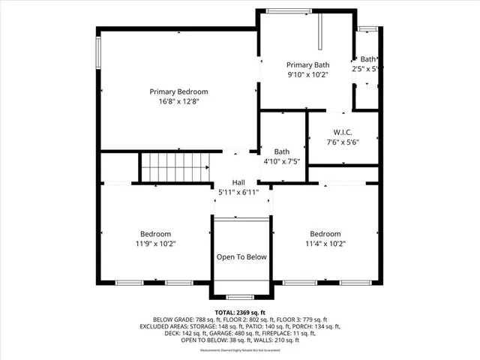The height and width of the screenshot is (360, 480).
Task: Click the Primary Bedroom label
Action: pyautogui.click(x=178, y=91)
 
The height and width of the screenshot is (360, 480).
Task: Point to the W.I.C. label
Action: pyautogui.click(x=343, y=132)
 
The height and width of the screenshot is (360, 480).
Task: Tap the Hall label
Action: pyautogui.click(x=238, y=182)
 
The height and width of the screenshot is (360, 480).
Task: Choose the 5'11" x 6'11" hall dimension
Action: pyautogui.click(x=238, y=192)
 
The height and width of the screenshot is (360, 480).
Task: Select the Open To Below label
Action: pyautogui.click(x=241, y=257)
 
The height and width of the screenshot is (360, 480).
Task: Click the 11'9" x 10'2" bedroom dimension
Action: pyautogui.click(x=156, y=243)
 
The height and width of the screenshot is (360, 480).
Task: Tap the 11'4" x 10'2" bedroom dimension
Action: pyautogui.click(x=325, y=243)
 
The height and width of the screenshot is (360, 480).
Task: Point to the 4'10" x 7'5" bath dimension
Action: pyautogui.click(x=281, y=160)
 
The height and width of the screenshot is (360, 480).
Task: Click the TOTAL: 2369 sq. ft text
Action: pyautogui.click(x=240, y=312)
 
